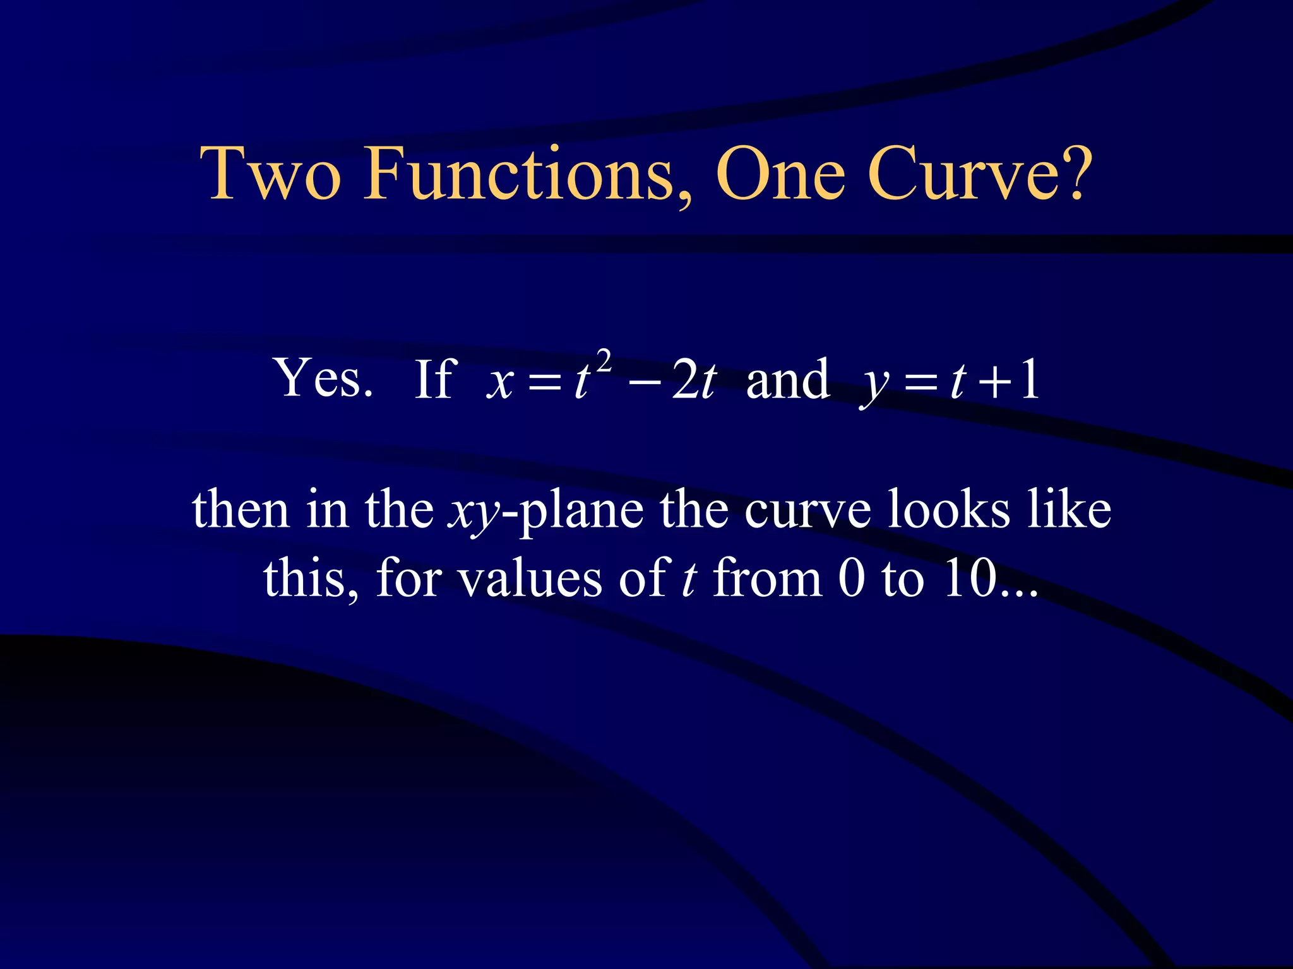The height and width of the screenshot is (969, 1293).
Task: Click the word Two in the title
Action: pos(271,173)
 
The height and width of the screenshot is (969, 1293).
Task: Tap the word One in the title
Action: pos(780,173)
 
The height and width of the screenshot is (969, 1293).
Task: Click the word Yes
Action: pos(323,379)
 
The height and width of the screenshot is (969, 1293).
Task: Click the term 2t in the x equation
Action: pos(693,381)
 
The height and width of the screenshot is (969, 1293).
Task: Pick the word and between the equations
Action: pos(787,380)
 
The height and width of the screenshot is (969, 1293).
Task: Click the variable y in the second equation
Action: pos(874,385)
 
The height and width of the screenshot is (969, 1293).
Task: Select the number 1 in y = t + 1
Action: pos(1030,380)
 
